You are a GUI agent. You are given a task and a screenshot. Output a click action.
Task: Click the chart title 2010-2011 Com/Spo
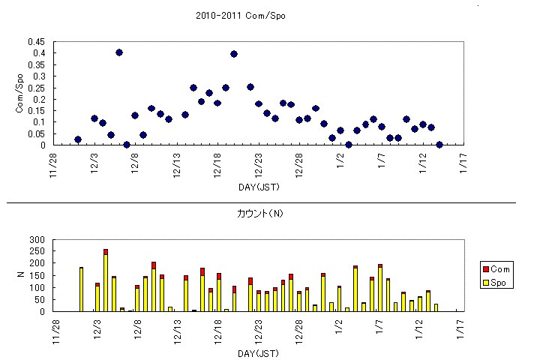tap(240, 15)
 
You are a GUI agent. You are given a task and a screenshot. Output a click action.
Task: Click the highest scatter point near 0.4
tap(119, 52)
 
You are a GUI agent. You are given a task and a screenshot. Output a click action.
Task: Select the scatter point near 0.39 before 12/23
tap(234, 54)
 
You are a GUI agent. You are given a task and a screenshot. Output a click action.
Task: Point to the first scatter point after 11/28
tap(78, 139)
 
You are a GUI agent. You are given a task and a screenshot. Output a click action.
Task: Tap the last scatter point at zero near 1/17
tap(439, 145)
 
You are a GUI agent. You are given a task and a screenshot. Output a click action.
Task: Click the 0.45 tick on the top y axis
tap(35, 42)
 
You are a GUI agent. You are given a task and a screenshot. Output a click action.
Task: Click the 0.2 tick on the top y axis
tap(37, 99)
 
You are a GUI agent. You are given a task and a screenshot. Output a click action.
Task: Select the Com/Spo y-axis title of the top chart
tap(20, 93)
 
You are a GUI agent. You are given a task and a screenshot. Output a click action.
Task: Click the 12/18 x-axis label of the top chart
tap(217, 162)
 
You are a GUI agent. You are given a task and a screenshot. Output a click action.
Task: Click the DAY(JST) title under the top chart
tap(259, 186)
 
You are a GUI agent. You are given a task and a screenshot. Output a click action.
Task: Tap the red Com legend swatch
tap(487, 268)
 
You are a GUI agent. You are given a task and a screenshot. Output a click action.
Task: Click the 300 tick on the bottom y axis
tap(38, 240)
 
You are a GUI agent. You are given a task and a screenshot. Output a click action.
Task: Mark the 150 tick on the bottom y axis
tap(38, 276)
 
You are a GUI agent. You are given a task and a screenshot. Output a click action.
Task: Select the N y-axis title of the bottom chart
tap(20, 275)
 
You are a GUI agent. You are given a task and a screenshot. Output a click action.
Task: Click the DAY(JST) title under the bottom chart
tap(259, 352)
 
